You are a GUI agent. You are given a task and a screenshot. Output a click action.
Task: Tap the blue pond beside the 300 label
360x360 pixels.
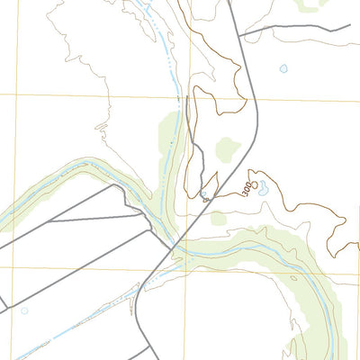(263, 189)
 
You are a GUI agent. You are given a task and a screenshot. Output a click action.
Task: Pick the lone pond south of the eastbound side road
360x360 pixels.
(283, 68)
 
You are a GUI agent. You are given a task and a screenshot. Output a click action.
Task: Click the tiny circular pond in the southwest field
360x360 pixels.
(24, 310)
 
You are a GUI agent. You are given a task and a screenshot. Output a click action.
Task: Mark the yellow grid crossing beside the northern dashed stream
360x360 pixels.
(190, 94)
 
